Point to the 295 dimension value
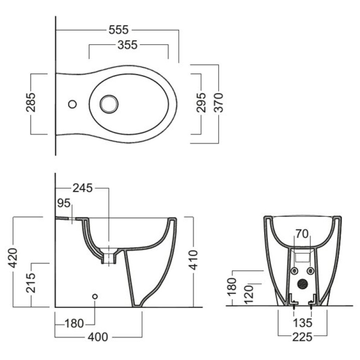pos(201,103)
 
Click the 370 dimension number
pos(219,103)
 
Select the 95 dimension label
pos(64,203)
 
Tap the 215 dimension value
pos(31,282)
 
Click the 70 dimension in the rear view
pos(301,234)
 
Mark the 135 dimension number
pos(301,323)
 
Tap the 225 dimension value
pos(301,336)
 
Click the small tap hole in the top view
pos(72,104)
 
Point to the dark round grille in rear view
pos(302,284)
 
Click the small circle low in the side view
pos(94,297)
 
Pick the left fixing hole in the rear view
pos(293,270)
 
